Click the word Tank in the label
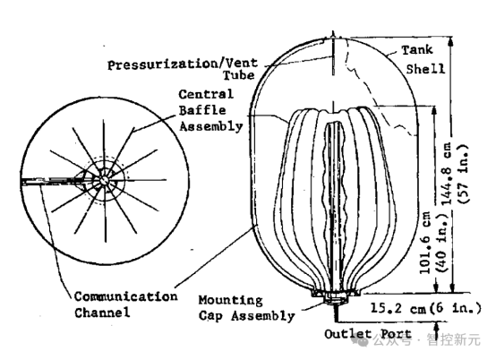coord(417,50)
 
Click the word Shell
coord(425,69)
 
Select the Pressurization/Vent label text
coord(183,64)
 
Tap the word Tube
coord(239,75)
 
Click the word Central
coord(206,95)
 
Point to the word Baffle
coord(202,110)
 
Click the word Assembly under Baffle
coord(211,126)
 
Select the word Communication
coord(126,296)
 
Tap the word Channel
coord(102,313)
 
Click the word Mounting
coord(231,300)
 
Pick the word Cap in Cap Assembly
coord(210,316)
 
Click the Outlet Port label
coord(368,334)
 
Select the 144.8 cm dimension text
coord(450,175)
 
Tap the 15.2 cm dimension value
coord(398,308)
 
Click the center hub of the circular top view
coord(104,180)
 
